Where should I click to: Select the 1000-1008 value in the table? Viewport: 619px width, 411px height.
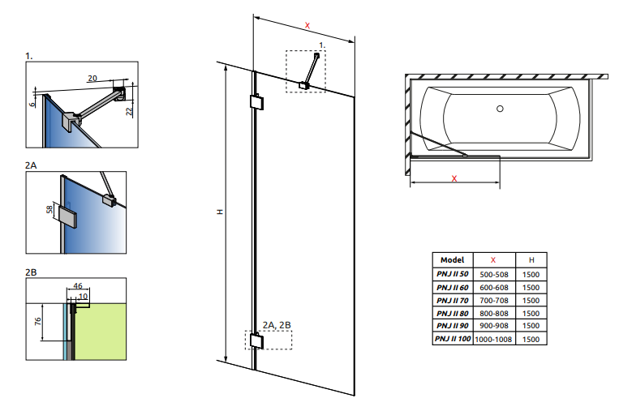coord(493,338)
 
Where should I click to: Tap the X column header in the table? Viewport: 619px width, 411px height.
coord(493,259)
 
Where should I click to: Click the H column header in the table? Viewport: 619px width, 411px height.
coord(531,259)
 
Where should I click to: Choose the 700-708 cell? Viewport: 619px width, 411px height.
coord(493,299)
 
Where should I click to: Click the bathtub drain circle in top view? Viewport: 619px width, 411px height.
coord(500,109)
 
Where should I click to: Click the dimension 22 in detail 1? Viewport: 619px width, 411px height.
coord(130,112)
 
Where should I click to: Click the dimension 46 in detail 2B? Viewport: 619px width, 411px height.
coord(78,286)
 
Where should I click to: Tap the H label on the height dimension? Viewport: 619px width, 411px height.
coord(219,212)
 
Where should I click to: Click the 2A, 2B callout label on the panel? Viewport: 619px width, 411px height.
coord(277,325)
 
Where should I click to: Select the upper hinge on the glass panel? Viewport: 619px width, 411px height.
coord(255,104)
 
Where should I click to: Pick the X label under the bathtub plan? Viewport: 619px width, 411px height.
coord(454,178)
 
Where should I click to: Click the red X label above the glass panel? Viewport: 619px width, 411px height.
coord(307,26)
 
